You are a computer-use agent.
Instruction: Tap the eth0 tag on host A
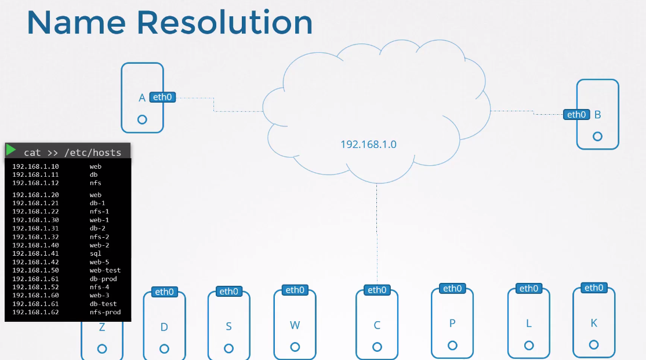click(x=162, y=97)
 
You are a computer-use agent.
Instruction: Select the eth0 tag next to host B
click(x=576, y=115)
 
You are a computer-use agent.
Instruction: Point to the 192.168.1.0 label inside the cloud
click(x=368, y=144)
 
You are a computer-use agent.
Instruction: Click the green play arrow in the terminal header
click(x=11, y=150)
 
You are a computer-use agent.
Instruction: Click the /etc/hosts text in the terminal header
click(x=92, y=153)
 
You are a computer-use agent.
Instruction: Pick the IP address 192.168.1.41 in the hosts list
click(x=35, y=253)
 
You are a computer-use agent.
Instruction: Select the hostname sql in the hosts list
click(x=96, y=253)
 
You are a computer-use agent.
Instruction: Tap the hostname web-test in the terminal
click(x=105, y=270)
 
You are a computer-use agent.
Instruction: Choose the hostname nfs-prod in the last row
click(x=105, y=312)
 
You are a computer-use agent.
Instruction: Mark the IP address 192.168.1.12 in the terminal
click(x=35, y=183)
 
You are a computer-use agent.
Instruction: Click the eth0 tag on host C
click(x=377, y=290)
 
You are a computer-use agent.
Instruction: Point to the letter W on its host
click(x=295, y=325)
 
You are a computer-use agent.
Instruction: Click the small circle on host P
click(x=452, y=346)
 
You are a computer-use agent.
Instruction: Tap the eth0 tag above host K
click(x=594, y=288)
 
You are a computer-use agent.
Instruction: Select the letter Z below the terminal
click(x=102, y=328)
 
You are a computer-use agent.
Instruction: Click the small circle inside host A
click(x=142, y=119)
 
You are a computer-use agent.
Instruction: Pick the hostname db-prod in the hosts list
click(x=103, y=279)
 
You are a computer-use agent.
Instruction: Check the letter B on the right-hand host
click(x=598, y=115)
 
